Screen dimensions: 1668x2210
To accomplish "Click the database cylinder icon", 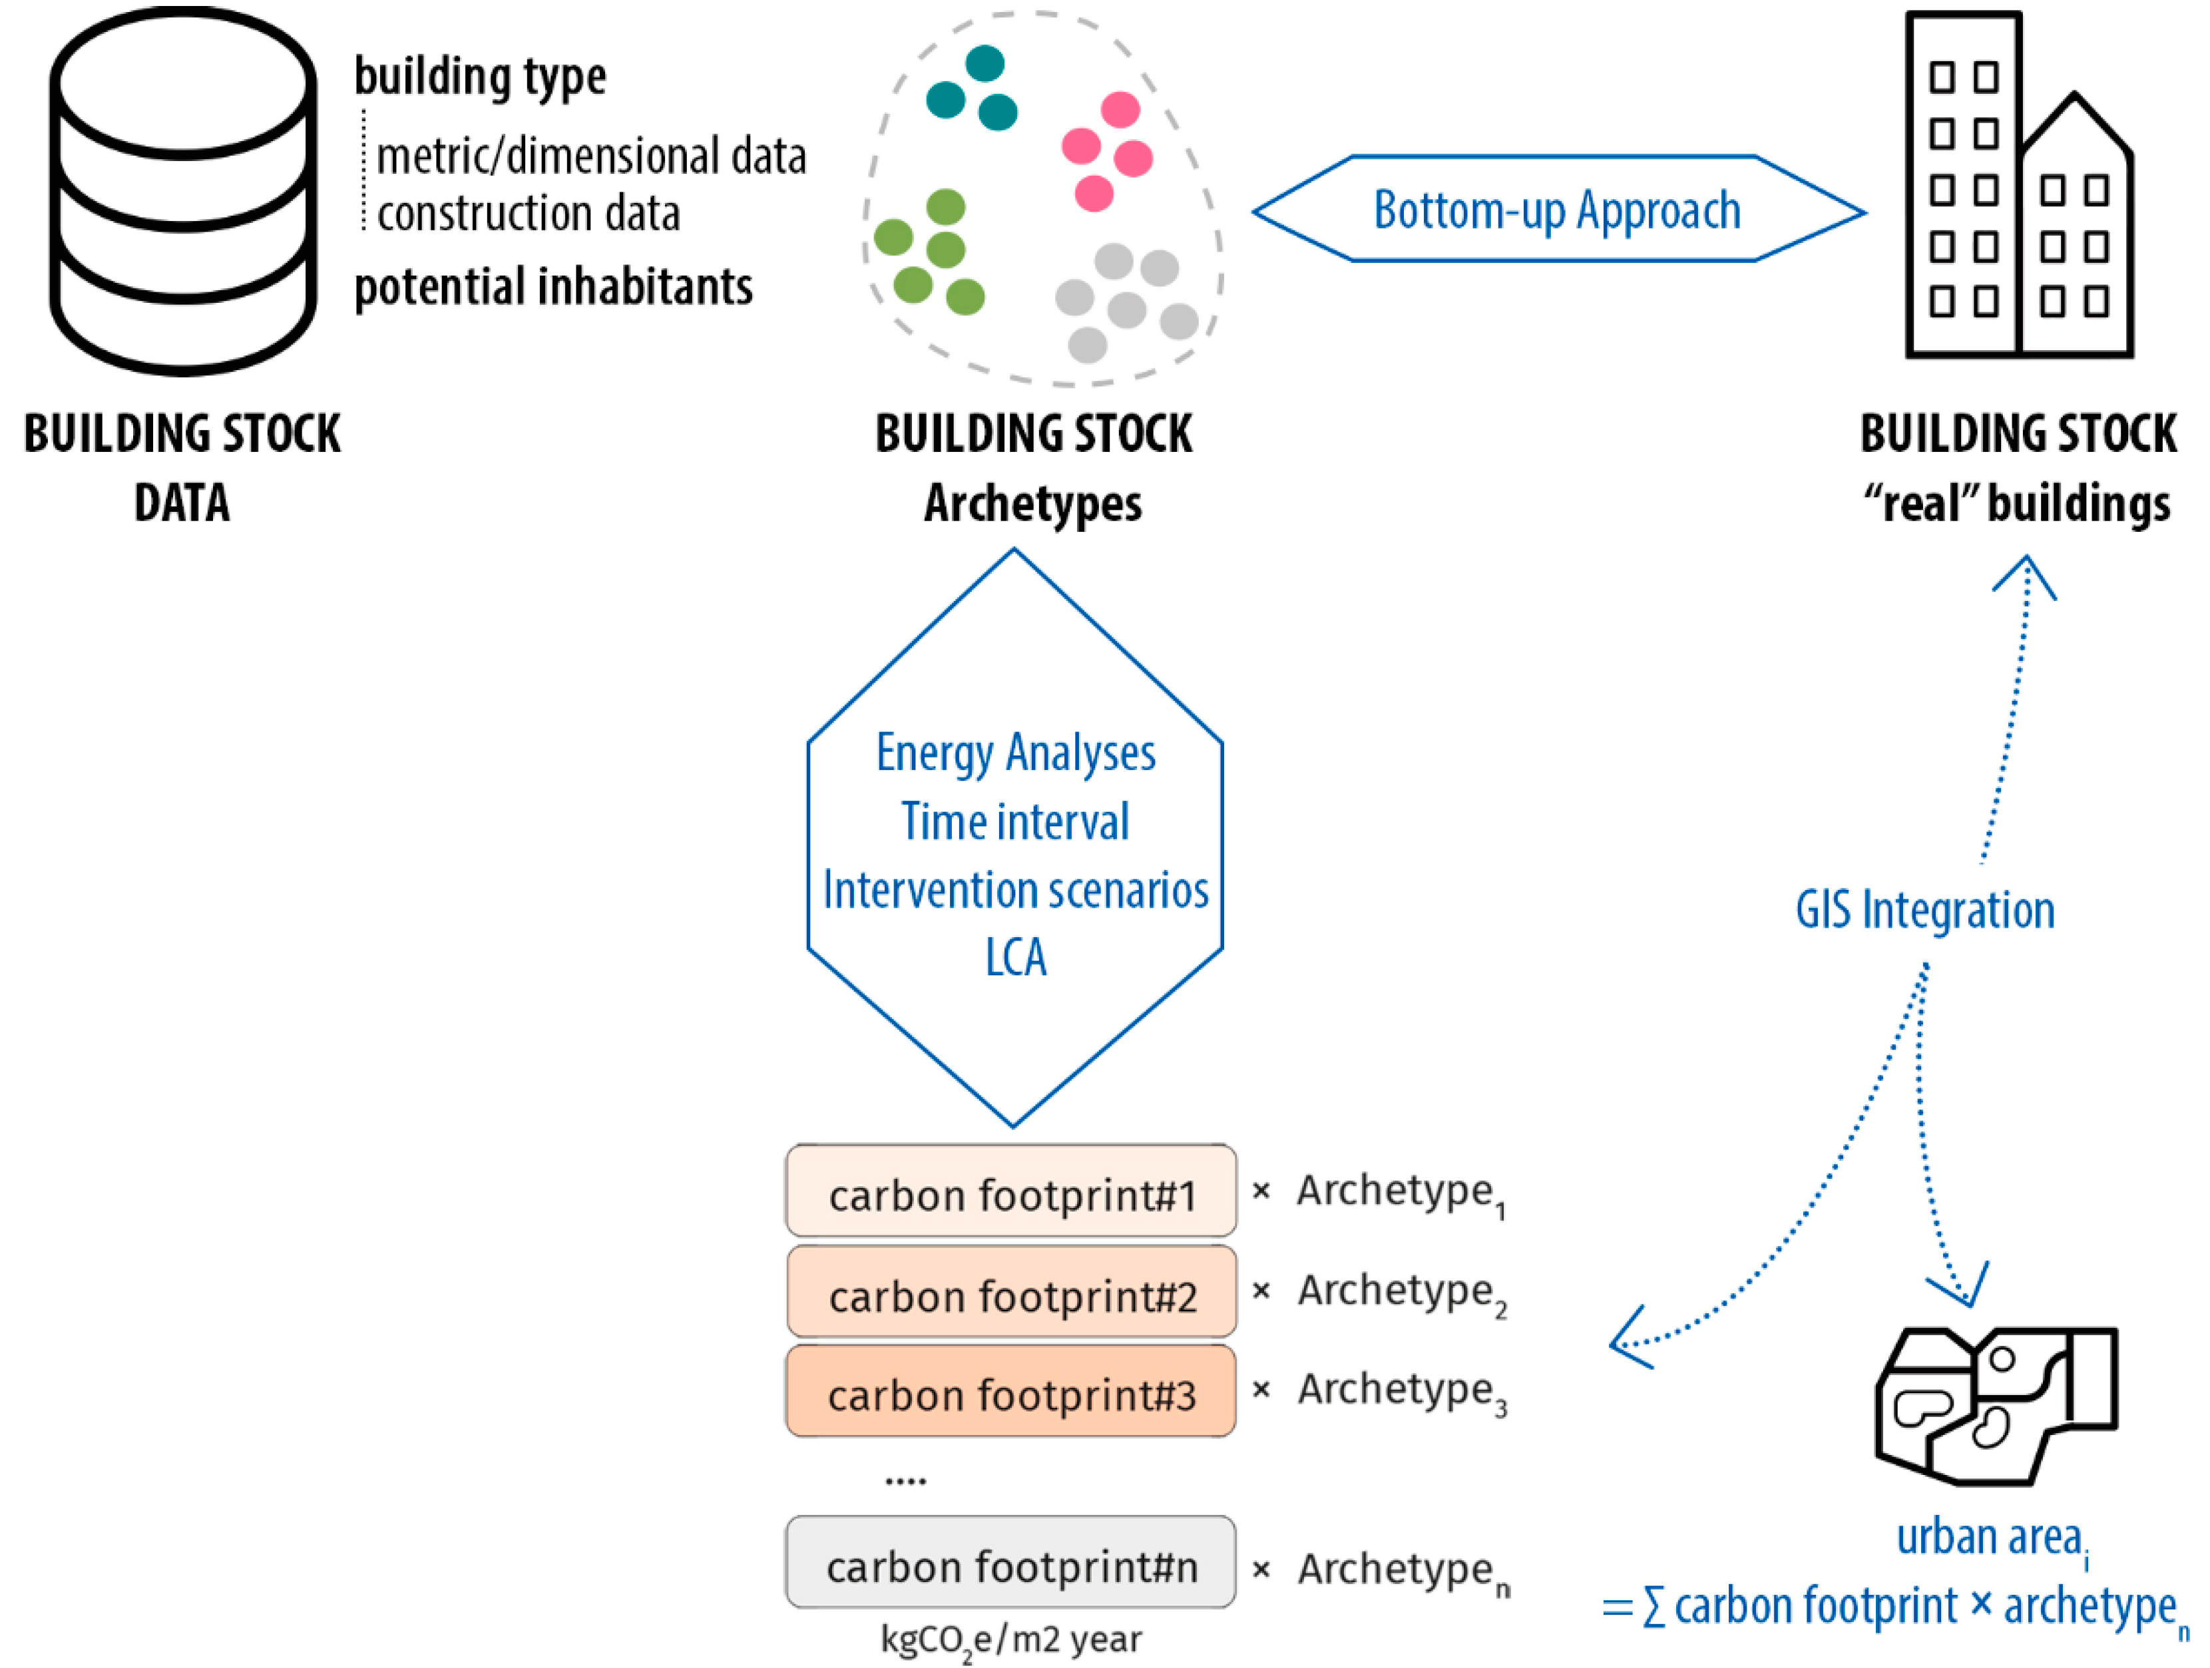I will (183, 190).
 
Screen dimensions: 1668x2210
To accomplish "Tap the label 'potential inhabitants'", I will (552, 288).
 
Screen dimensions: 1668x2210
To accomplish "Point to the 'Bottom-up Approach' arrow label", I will (1556, 210).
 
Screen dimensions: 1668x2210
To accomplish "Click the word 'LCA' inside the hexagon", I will (1015, 957).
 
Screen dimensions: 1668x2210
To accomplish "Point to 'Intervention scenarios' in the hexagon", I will (1015, 890).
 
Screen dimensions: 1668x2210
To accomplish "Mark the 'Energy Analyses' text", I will (1015, 753).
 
